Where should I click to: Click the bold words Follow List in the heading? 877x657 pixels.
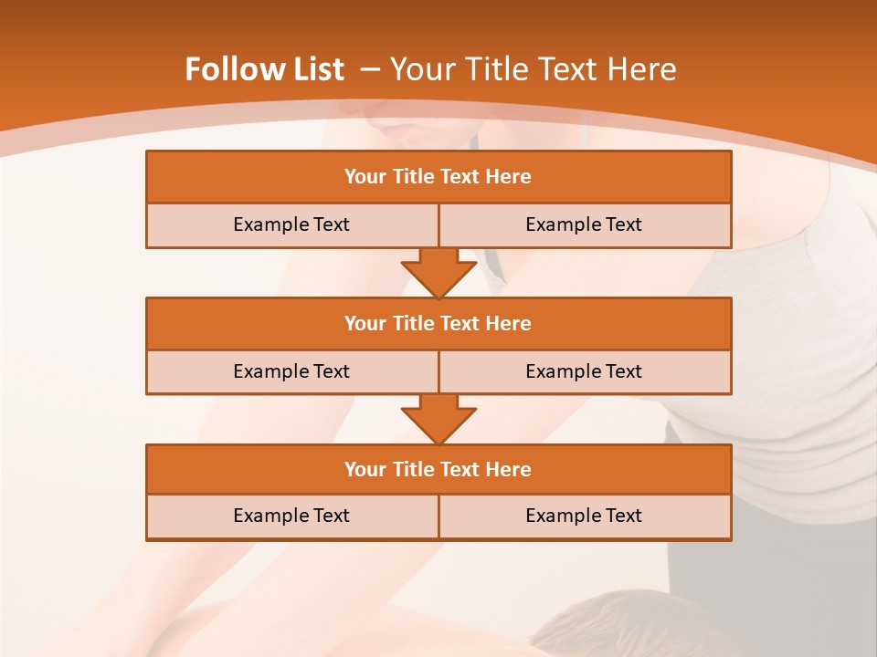tap(264, 69)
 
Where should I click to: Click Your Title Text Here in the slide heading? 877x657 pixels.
tap(534, 69)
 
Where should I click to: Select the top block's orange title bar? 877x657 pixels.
tap(438, 177)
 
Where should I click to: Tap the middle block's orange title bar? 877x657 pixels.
tap(438, 323)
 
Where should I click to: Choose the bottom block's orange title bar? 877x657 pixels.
tap(438, 469)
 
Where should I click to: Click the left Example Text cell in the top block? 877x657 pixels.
tap(291, 224)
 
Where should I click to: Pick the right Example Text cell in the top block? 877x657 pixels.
tap(584, 224)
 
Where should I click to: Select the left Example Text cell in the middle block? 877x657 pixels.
tap(291, 371)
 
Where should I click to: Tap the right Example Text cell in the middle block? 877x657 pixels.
tap(584, 371)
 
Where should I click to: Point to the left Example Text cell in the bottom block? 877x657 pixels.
tap(291, 516)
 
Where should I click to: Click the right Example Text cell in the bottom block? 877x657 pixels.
tap(584, 516)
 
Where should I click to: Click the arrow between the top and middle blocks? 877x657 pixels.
tap(438, 273)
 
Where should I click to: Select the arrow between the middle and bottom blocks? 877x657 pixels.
tap(438, 420)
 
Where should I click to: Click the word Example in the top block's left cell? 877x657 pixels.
tap(271, 224)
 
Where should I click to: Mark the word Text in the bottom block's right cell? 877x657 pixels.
tap(623, 516)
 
